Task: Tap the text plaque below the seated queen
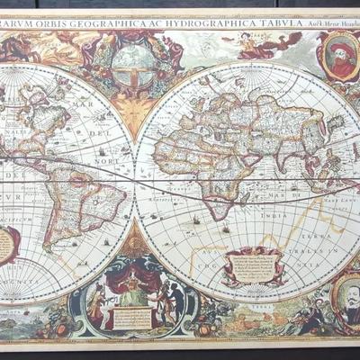pos(133,318)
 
